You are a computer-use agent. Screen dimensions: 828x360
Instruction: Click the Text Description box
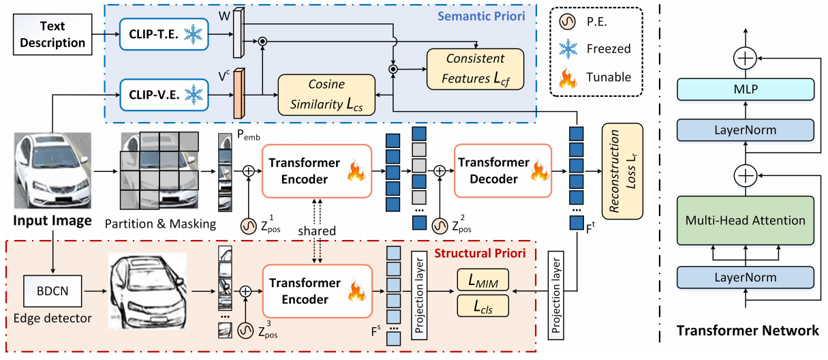point(52,34)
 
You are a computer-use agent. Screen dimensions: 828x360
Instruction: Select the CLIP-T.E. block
point(164,34)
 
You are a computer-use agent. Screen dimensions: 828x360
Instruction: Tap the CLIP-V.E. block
point(164,95)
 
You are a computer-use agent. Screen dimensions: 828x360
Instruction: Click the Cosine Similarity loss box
point(326,95)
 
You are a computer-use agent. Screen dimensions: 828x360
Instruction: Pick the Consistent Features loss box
point(476,69)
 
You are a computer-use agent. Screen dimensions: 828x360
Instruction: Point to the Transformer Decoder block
point(503,170)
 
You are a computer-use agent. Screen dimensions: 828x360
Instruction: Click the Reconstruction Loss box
point(622,171)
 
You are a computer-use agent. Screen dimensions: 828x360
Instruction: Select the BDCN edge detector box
point(52,291)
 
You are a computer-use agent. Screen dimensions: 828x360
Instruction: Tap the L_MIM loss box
point(482,280)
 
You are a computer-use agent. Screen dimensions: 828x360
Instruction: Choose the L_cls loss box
point(482,305)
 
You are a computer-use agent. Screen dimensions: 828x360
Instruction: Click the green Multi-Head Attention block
point(746,220)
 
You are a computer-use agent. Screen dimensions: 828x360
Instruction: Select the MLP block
point(746,89)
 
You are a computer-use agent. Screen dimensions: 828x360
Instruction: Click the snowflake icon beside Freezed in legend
point(568,49)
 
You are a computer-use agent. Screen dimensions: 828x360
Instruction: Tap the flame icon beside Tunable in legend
point(568,77)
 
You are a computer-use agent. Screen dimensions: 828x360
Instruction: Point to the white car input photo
point(52,170)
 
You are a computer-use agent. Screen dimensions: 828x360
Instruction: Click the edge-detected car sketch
point(147,291)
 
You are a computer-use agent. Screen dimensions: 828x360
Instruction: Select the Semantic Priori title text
point(481,16)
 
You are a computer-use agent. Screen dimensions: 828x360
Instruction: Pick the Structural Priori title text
point(480,253)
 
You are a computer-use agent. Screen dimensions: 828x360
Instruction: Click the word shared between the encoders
point(317,230)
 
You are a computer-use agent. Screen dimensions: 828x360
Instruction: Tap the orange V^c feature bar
point(239,93)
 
